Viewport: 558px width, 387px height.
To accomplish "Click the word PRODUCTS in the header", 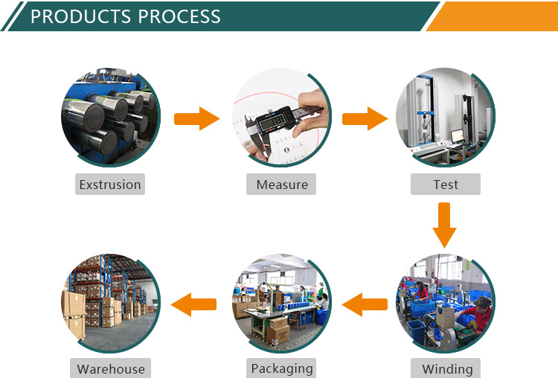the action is coord(81,16).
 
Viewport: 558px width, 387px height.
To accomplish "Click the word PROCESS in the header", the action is coord(179,16).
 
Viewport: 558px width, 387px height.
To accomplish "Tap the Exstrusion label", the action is coord(110,185).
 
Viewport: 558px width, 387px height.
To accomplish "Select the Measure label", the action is coord(281,185).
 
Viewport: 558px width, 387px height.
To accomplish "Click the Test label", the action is coord(446,185).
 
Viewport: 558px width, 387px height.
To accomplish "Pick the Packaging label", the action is coord(281,368).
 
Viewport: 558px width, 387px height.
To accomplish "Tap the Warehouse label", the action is coord(110,368).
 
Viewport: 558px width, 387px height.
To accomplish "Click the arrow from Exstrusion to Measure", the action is coord(197,118).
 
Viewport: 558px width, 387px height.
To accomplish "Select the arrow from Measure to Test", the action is coord(365,118).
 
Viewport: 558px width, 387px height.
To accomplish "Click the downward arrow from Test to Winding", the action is coord(444,225).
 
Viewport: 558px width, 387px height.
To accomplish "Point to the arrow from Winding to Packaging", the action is coord(365,304).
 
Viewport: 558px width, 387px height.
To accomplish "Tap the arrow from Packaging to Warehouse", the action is coord(193,304).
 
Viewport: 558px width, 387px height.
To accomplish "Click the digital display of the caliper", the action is coord(272,124).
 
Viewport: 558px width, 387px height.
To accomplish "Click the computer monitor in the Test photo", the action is coord(457,135).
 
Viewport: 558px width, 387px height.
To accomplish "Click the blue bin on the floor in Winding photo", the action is coord(417,331).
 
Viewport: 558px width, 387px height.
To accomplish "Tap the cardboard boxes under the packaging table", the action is coord(279,330).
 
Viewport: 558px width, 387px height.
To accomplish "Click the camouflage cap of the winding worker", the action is coord(483,301).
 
